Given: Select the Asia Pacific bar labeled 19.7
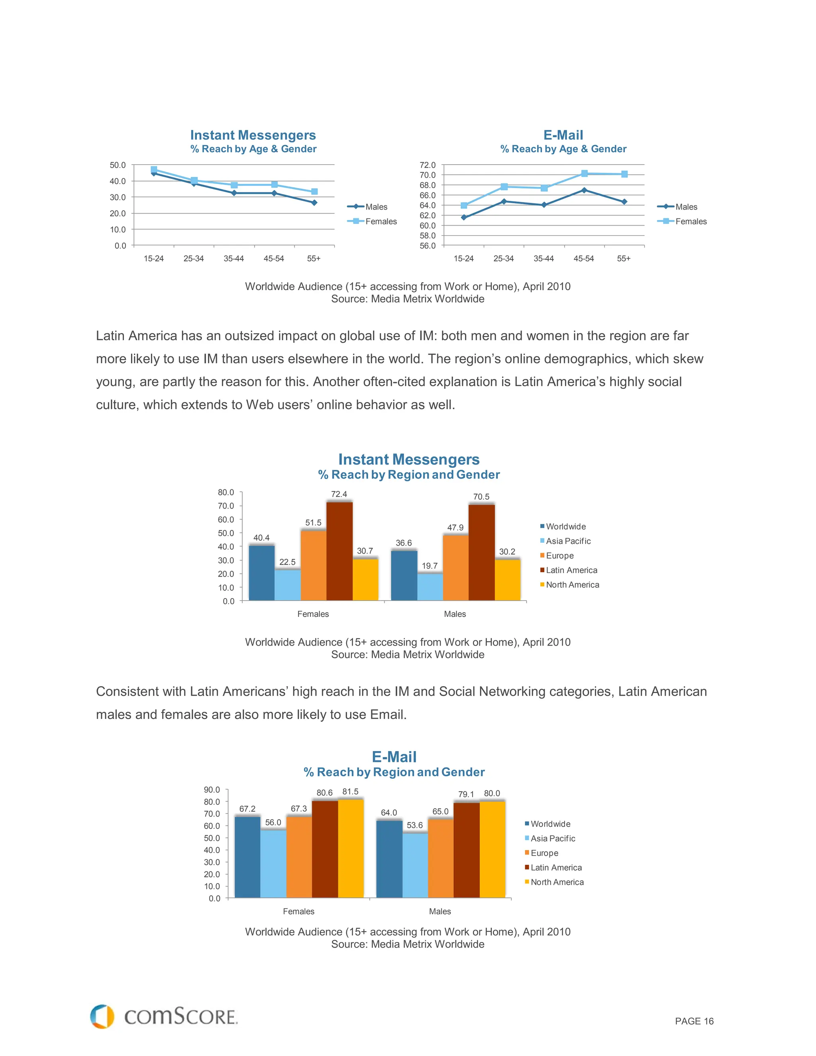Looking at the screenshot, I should pyautogui.click(x=430, y=587).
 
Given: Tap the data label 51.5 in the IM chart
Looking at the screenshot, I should pyautogui.click(x=313, y=523).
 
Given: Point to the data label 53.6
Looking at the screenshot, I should pyautogui.click(x=415, y=825).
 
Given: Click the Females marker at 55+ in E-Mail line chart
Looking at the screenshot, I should pyautogui.click(x=624, y=174).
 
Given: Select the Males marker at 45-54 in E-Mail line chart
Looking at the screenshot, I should pyautogui.click(x=584, y=190).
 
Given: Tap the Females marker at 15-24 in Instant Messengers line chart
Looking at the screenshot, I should pyautogui.click(x=154, y=169).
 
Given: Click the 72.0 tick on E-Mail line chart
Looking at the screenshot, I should pyautogui.click(x=428, y=165).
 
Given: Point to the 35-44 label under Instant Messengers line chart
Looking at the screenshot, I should pyautogui.click(x=233, y=259).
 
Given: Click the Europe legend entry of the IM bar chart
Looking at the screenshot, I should pyautogui.click(x=559, y=555).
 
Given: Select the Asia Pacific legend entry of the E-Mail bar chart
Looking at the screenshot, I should pyautogui.click(x=552, y=838).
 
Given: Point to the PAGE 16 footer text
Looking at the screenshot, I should pyautogui.click(x=694, y=1021).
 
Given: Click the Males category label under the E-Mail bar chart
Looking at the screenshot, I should pyautogui.click(x=439, y=911).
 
